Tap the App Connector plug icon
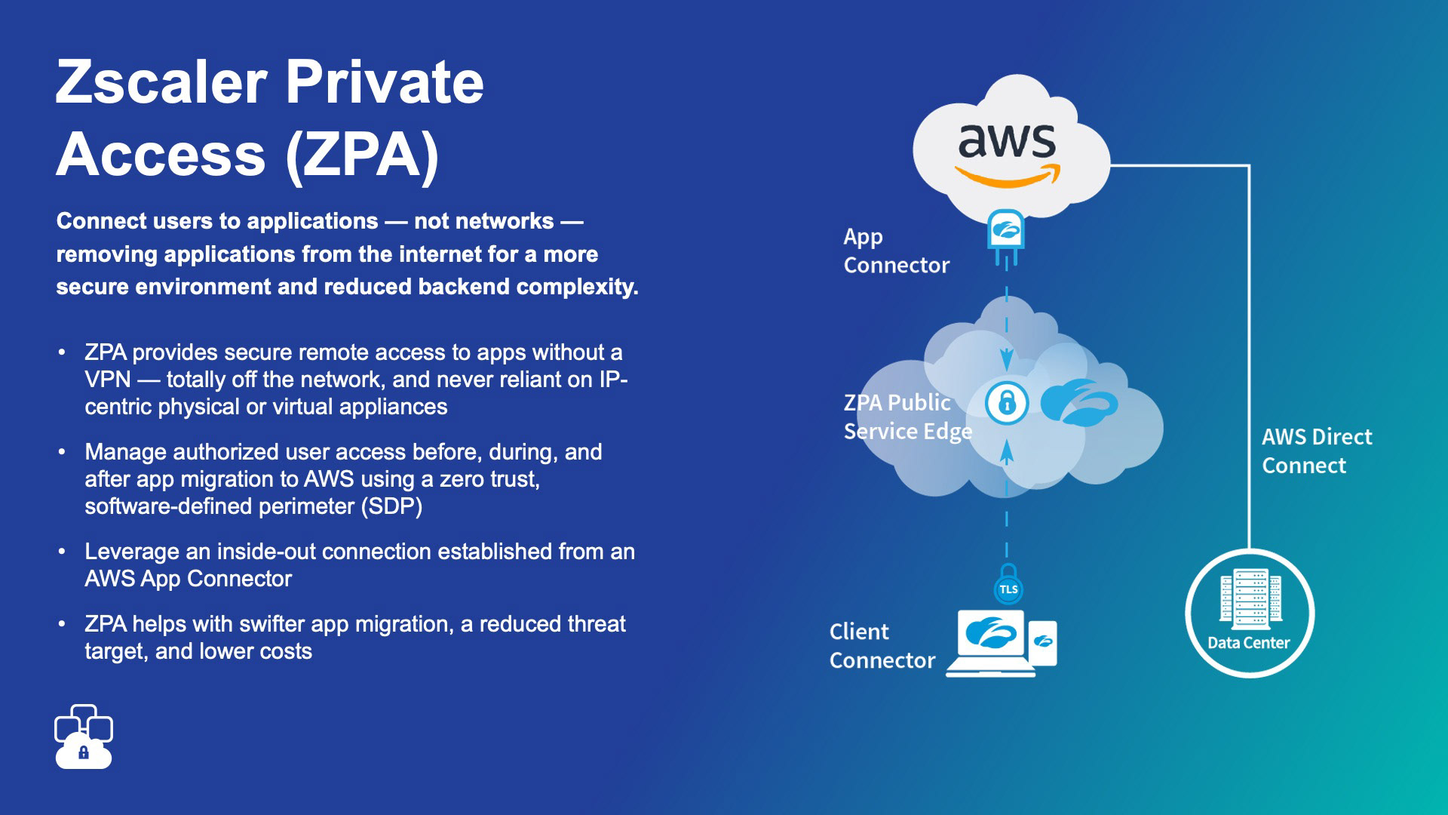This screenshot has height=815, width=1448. click(1006, 235)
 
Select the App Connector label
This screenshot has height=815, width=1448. click(896, 251)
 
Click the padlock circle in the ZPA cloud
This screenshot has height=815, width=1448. click(1007, 403)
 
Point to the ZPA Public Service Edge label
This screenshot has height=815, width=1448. click(907, 417)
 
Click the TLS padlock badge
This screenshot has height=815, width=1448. click(1008, 587)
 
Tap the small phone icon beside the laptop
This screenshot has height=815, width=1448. click(1043, 643)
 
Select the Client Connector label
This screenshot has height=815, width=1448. click(882, 646)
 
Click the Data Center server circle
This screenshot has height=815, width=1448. click(1249, 613)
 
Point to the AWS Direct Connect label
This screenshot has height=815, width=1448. click(1317, 451)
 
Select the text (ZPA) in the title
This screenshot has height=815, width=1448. click(362, 155)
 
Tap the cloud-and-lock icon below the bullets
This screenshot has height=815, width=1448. click(84, 737)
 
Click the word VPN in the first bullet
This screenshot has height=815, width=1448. click(108, 380)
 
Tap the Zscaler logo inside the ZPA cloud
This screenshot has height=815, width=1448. click(1078, 402)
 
